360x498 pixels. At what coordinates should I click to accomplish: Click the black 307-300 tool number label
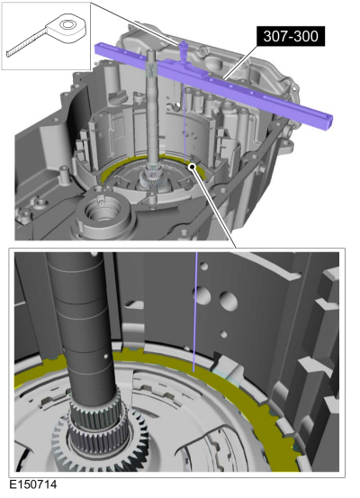point(291,36)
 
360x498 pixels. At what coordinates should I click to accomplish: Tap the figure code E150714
point(33,484)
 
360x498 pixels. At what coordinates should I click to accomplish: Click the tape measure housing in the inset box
point(67,28)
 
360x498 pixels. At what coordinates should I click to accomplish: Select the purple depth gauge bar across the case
point(213,83)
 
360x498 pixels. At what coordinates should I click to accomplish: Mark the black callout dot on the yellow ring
point(192,167)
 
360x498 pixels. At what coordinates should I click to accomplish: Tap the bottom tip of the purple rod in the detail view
point(193,370)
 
